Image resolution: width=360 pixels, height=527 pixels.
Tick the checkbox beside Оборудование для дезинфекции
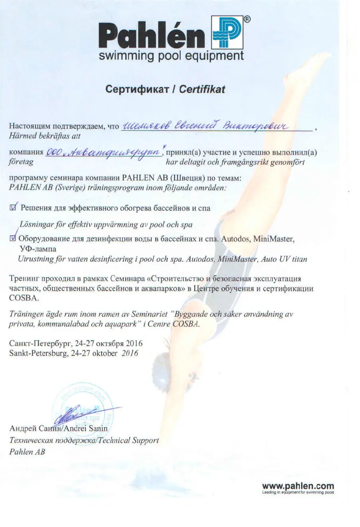[x=12, y=239]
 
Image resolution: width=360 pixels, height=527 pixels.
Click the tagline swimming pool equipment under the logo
[x=171, y=55]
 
